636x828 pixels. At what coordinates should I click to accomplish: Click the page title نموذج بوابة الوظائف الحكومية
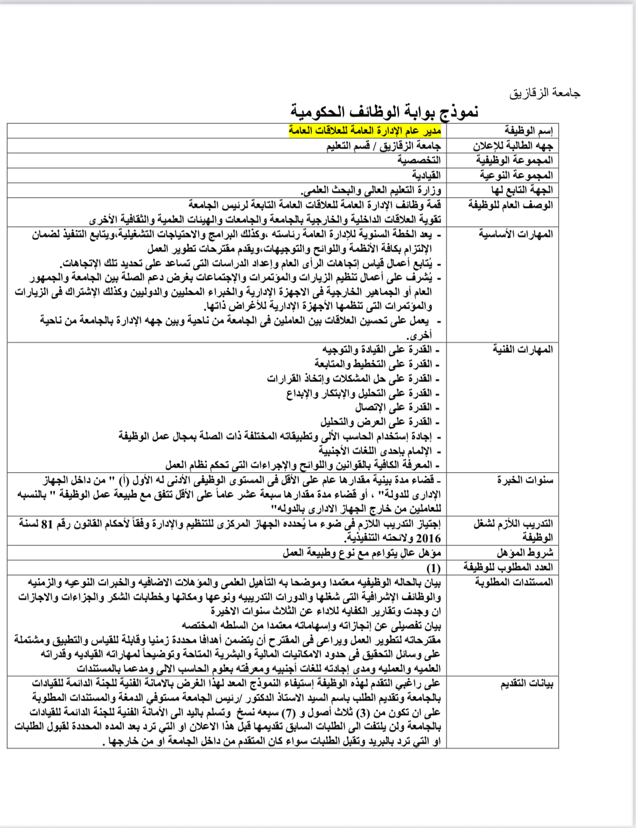385,112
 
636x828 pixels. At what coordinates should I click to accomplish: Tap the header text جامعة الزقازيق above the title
545,93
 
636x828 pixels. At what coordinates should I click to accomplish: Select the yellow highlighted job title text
365,131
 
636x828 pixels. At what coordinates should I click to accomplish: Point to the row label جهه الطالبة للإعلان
513,146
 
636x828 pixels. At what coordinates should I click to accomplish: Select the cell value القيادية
426,175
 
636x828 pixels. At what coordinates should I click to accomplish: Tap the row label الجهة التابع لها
521,190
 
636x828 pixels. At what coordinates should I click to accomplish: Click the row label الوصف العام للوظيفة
510,205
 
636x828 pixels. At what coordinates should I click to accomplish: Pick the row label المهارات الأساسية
515,234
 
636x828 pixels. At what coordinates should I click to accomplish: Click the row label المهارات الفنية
522,349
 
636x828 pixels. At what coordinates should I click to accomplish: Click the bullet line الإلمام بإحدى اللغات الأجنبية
379,451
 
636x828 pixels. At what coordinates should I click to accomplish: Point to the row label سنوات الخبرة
525,480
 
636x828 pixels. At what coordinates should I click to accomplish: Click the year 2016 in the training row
428,538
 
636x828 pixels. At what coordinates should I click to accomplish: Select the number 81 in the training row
47,523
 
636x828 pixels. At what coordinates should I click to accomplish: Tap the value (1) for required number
433,568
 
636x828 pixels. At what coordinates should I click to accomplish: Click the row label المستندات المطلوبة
513,582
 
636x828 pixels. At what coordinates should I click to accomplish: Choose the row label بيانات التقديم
526,684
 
